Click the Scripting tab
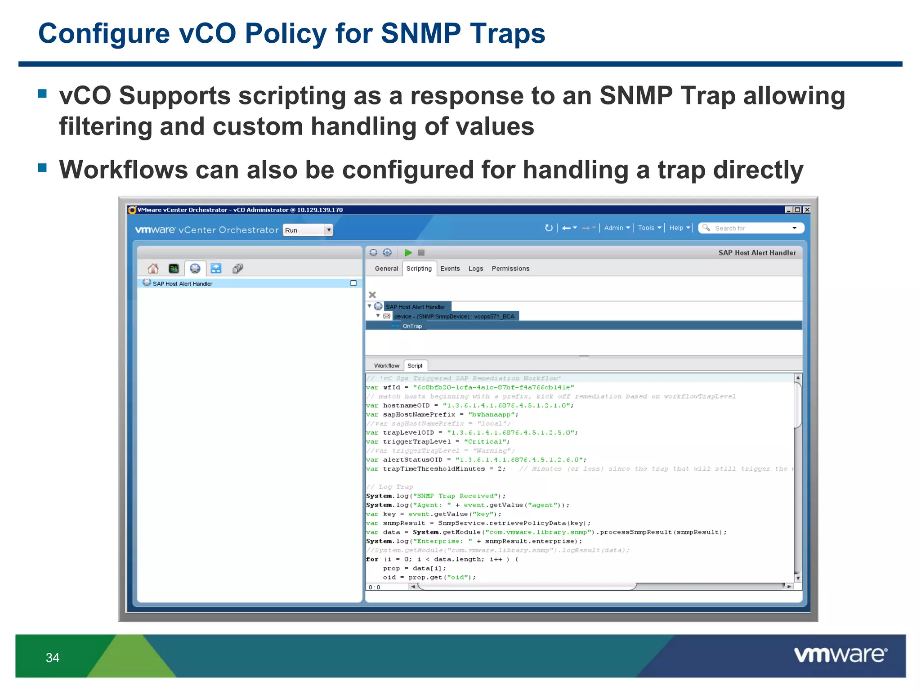click(x=419, y=269)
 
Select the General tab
click(x=386, y=269)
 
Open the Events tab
click(x=450, y=269)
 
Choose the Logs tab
click(x=475, y=269)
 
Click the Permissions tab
click(x=510, y=269)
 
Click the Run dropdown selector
click(x=308, y=230)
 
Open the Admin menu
click(x=617, y=228)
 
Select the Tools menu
click(x=649, y=228)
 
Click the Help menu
click(x=679, y=228)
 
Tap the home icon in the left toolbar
click(x=153, y=269)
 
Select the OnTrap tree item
click(x=412, y=326)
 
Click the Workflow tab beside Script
click(x=386, y=366)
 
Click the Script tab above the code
click(x=415, y=366)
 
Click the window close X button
click(x=807, y=210)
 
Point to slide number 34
click(x=53, y=658)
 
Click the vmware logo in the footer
click(x=840, y=655)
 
